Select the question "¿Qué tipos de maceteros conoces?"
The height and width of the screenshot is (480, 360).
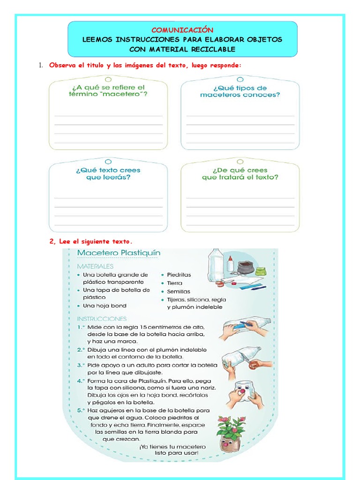[x=240, y=91]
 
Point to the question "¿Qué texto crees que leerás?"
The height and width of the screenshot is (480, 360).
[x=108, y=174]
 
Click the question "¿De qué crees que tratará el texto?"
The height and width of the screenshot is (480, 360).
[x=240, y=174]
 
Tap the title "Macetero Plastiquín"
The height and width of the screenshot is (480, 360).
[x=119, y=253]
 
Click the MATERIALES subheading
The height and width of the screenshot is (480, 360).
[x=95, y=266]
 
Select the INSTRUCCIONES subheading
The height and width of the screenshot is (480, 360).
[x=102, y=319]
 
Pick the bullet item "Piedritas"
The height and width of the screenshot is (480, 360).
[x=179, y=275]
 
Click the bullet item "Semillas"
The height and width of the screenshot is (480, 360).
[x=179, y=291]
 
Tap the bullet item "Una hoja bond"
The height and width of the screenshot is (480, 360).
[x=105, y=306]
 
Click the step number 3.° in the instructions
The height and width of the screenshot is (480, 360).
[x=81, y=365]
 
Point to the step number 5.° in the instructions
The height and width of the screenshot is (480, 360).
[x=81, y=410]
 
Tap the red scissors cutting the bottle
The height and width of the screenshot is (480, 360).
[x=254, y=365]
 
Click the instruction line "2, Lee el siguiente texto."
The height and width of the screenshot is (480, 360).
[x=91, y=242]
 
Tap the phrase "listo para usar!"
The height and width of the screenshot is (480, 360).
[x=177, y=453]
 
